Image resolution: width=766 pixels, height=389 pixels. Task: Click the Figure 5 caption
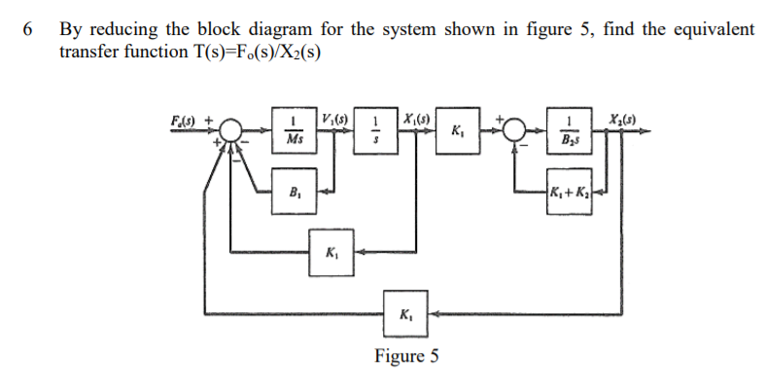407,356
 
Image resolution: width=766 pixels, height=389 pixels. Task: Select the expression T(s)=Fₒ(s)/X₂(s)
251,50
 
